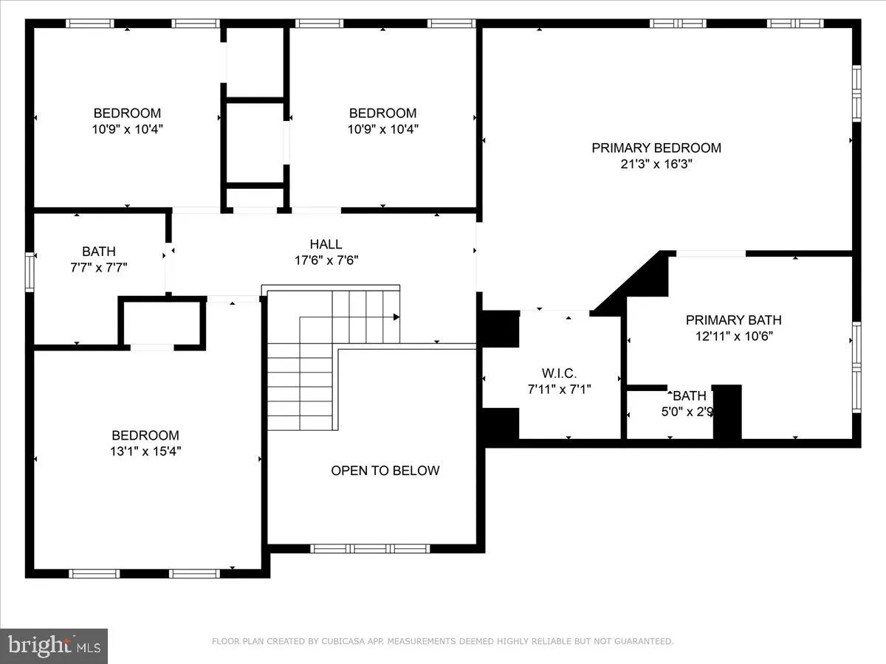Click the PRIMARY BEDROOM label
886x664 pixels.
656,148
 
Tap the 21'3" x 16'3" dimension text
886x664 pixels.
656,165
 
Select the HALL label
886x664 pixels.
326,244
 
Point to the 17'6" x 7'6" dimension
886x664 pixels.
326,260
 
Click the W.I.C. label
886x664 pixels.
559,373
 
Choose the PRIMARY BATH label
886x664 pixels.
733,319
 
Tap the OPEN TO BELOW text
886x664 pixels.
385,471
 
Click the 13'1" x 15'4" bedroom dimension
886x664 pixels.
145,452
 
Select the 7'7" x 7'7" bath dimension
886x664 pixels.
99,268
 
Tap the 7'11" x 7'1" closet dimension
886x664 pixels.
559,389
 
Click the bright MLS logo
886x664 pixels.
53,646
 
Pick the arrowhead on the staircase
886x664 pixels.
396,317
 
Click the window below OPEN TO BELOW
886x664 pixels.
369,548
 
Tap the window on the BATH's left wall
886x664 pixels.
30,272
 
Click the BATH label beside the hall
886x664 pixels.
99,252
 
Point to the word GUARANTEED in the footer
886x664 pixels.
645,642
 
